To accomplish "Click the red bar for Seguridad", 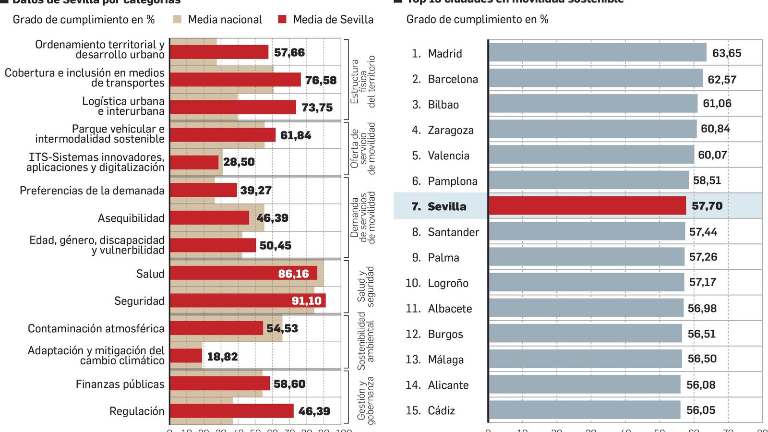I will tap(247, 300).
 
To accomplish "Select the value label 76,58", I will tap(321, 80).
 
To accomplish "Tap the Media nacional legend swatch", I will tap(177, 19).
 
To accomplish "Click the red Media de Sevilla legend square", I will tap(282, 19).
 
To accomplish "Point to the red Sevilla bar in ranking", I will tap(587, 206).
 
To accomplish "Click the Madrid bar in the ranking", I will tap(597, 53).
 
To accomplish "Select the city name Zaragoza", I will tap(450, 130).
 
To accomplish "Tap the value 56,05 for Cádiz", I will tap(700, 410).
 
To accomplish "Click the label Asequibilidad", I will tap(131, 218).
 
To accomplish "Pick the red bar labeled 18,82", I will tap(186, 356).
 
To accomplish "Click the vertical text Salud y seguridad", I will tap(365, 287).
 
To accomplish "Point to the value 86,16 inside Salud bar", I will tap(293, 274).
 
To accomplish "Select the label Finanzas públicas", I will tap(120, 384).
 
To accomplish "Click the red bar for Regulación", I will tap(231, 411).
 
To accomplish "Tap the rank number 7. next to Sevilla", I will tap(416, 206).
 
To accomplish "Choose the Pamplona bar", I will tap(588, 180).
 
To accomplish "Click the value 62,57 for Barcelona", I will tap(721, 80).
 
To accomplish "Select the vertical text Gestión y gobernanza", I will tap(365, 401).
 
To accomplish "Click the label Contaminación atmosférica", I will tap(96, 328).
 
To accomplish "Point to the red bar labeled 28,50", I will tap(194, 162).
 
